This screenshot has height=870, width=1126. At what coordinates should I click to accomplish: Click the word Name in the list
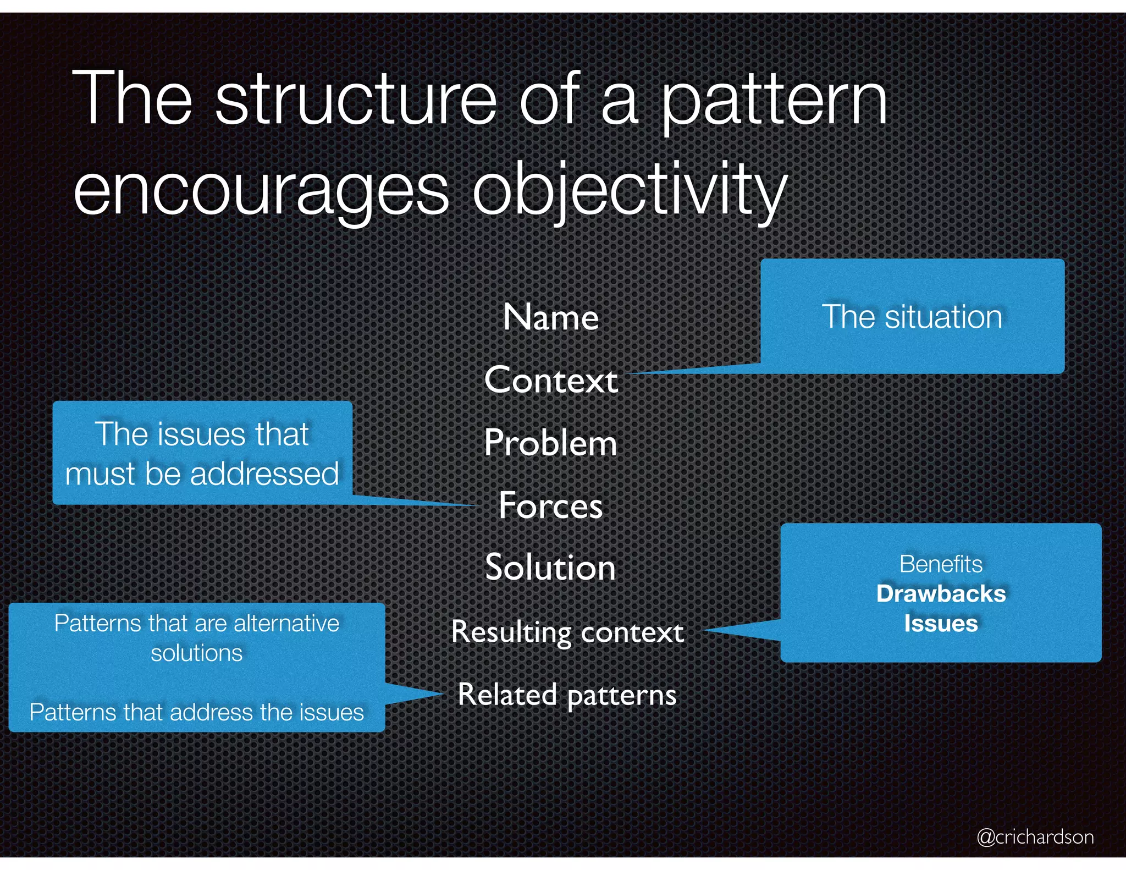click(551, 318)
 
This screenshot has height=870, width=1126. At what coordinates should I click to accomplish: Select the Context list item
click(551, 380)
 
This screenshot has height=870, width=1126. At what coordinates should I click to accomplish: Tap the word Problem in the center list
click(551, 443)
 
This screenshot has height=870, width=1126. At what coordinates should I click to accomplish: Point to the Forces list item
click(551, 505)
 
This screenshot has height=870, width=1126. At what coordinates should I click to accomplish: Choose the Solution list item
click(551, 568)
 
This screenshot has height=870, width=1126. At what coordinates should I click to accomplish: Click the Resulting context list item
click(567, 632)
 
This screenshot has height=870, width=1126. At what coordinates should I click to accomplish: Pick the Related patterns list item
click(567, 695)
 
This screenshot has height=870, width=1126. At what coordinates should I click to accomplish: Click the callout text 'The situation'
click(912, 317)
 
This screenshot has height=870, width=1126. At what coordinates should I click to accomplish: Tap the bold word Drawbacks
click(941, 594)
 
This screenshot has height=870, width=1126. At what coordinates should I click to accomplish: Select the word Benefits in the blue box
click(941, 564)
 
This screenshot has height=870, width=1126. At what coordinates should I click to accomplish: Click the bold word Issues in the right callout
click(941, 624)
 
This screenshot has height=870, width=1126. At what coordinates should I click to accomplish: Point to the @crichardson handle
click(1035, 836)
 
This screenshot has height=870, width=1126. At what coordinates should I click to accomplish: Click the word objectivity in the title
click(630, 190)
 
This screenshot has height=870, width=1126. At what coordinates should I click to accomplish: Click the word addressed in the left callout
click(264, 473)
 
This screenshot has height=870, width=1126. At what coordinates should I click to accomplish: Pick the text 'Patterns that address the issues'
click(196, 712)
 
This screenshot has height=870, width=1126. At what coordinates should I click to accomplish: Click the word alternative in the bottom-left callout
click(286, 624)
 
